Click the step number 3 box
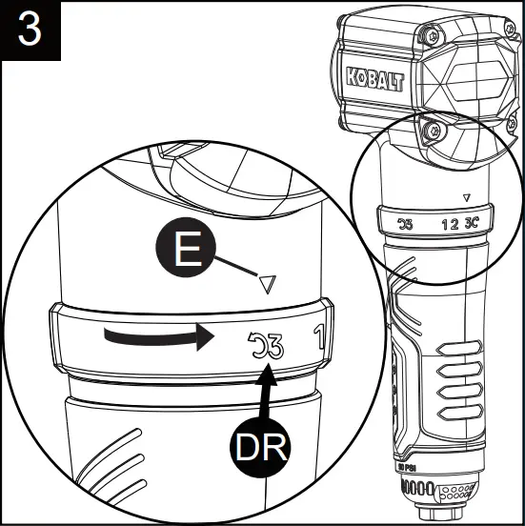pos(30,30)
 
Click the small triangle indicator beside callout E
pos(268,283)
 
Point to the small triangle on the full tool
pos(465,198)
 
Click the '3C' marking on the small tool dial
pos(472,225)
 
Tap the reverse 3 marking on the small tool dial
pos(405,225)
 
